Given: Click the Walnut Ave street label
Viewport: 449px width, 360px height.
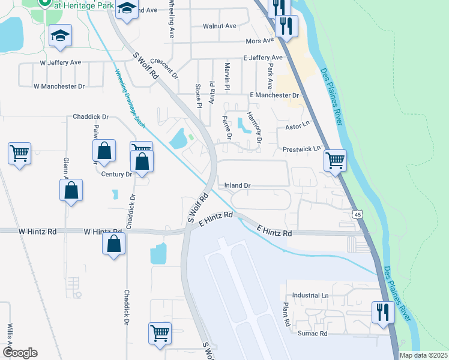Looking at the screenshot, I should [219, 26].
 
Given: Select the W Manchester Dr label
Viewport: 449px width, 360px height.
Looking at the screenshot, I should [59, 86].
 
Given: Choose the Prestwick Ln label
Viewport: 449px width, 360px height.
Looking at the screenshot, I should [302, 148].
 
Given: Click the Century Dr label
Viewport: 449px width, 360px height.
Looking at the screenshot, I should [116, 175].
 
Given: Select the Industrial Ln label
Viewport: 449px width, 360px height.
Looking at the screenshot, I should [310, 296].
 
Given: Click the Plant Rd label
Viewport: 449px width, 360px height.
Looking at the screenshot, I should [286, 314].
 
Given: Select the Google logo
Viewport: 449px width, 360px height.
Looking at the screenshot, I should [20, 352].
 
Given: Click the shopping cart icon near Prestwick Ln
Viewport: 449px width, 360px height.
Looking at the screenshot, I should [335, 160].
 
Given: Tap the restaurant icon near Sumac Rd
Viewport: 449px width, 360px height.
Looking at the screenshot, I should [382, 312].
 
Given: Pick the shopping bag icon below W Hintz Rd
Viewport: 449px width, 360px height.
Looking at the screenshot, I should [113, 244].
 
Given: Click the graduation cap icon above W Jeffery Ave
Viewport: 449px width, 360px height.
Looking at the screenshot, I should [60, 35].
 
